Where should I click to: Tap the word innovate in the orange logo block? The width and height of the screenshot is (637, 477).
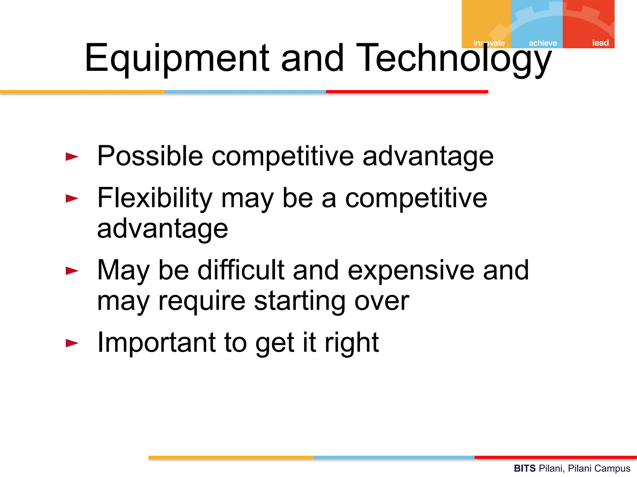pyautogui.click(x=489, y=43)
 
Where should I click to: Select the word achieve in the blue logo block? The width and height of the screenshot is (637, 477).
pyautogui.click(x=543, y=43)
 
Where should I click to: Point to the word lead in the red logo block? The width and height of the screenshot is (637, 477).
pyautogui.click(x=600, y=43)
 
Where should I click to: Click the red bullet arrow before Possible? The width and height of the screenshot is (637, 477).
pyautogui.click(x=72, y=157)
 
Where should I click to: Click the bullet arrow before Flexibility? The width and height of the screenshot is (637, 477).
pyautogui.click(x=72, y=198)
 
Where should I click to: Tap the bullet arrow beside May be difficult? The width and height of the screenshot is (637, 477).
pyautogui.click(x=72, y=271)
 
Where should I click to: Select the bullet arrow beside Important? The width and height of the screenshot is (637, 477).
pyautogui.click(x=72, y=343)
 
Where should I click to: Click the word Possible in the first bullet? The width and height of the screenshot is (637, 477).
pyautogui.click(x=150, y=156)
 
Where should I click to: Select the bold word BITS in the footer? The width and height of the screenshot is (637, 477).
pyautogui.click(x=525, y=468)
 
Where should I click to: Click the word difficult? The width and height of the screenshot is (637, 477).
pyautogui.click(x=241, y=270)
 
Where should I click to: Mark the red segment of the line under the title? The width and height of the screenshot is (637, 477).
pyautogui.click(x=407, y=92)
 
